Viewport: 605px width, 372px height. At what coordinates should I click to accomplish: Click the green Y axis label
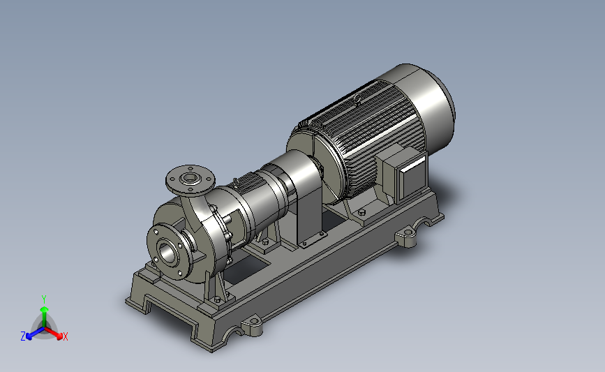pos(43,299)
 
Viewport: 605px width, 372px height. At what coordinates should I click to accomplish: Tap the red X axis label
pos(65,336)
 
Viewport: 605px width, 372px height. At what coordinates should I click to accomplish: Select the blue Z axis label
pos(23,336)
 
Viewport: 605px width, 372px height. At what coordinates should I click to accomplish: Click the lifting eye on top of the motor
pos(358,98)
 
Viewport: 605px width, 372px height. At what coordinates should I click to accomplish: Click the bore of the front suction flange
pos(168,253)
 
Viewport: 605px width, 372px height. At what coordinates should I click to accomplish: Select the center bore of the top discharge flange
pos(189,178)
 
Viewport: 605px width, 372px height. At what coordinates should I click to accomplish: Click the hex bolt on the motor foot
pos(361,212)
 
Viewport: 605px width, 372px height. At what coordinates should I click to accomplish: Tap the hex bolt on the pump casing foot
pos(217,299)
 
